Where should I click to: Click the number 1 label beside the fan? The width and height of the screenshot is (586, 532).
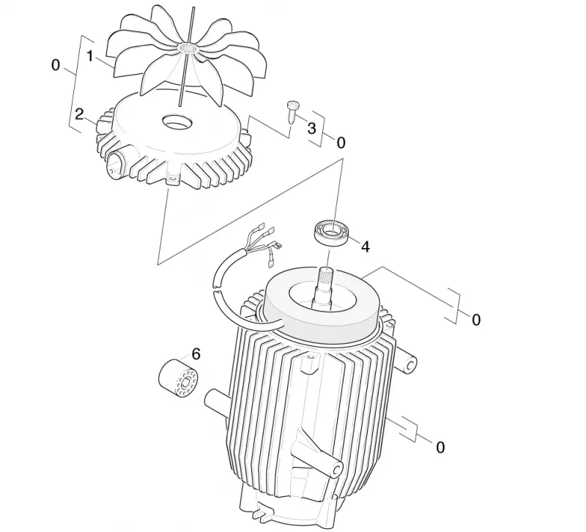click(89, 56)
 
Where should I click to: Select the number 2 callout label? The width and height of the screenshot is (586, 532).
click(79, 114)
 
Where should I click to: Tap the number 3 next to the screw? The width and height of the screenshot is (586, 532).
click(311, 128)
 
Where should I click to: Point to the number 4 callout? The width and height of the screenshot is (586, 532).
click(365, 247)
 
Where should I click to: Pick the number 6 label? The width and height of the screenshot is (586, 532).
click(196, 353)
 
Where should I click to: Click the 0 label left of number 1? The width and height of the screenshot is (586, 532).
click(56, 65)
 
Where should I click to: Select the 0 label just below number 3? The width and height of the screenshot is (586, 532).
click(341, 143)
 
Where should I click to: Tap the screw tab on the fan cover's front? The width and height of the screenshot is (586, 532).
click(172, 179)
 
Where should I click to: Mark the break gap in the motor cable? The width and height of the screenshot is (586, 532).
click(216, 288)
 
